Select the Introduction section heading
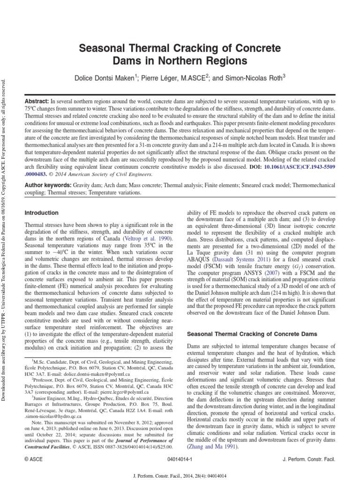[41, 213]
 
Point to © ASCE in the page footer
[34, 461]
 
